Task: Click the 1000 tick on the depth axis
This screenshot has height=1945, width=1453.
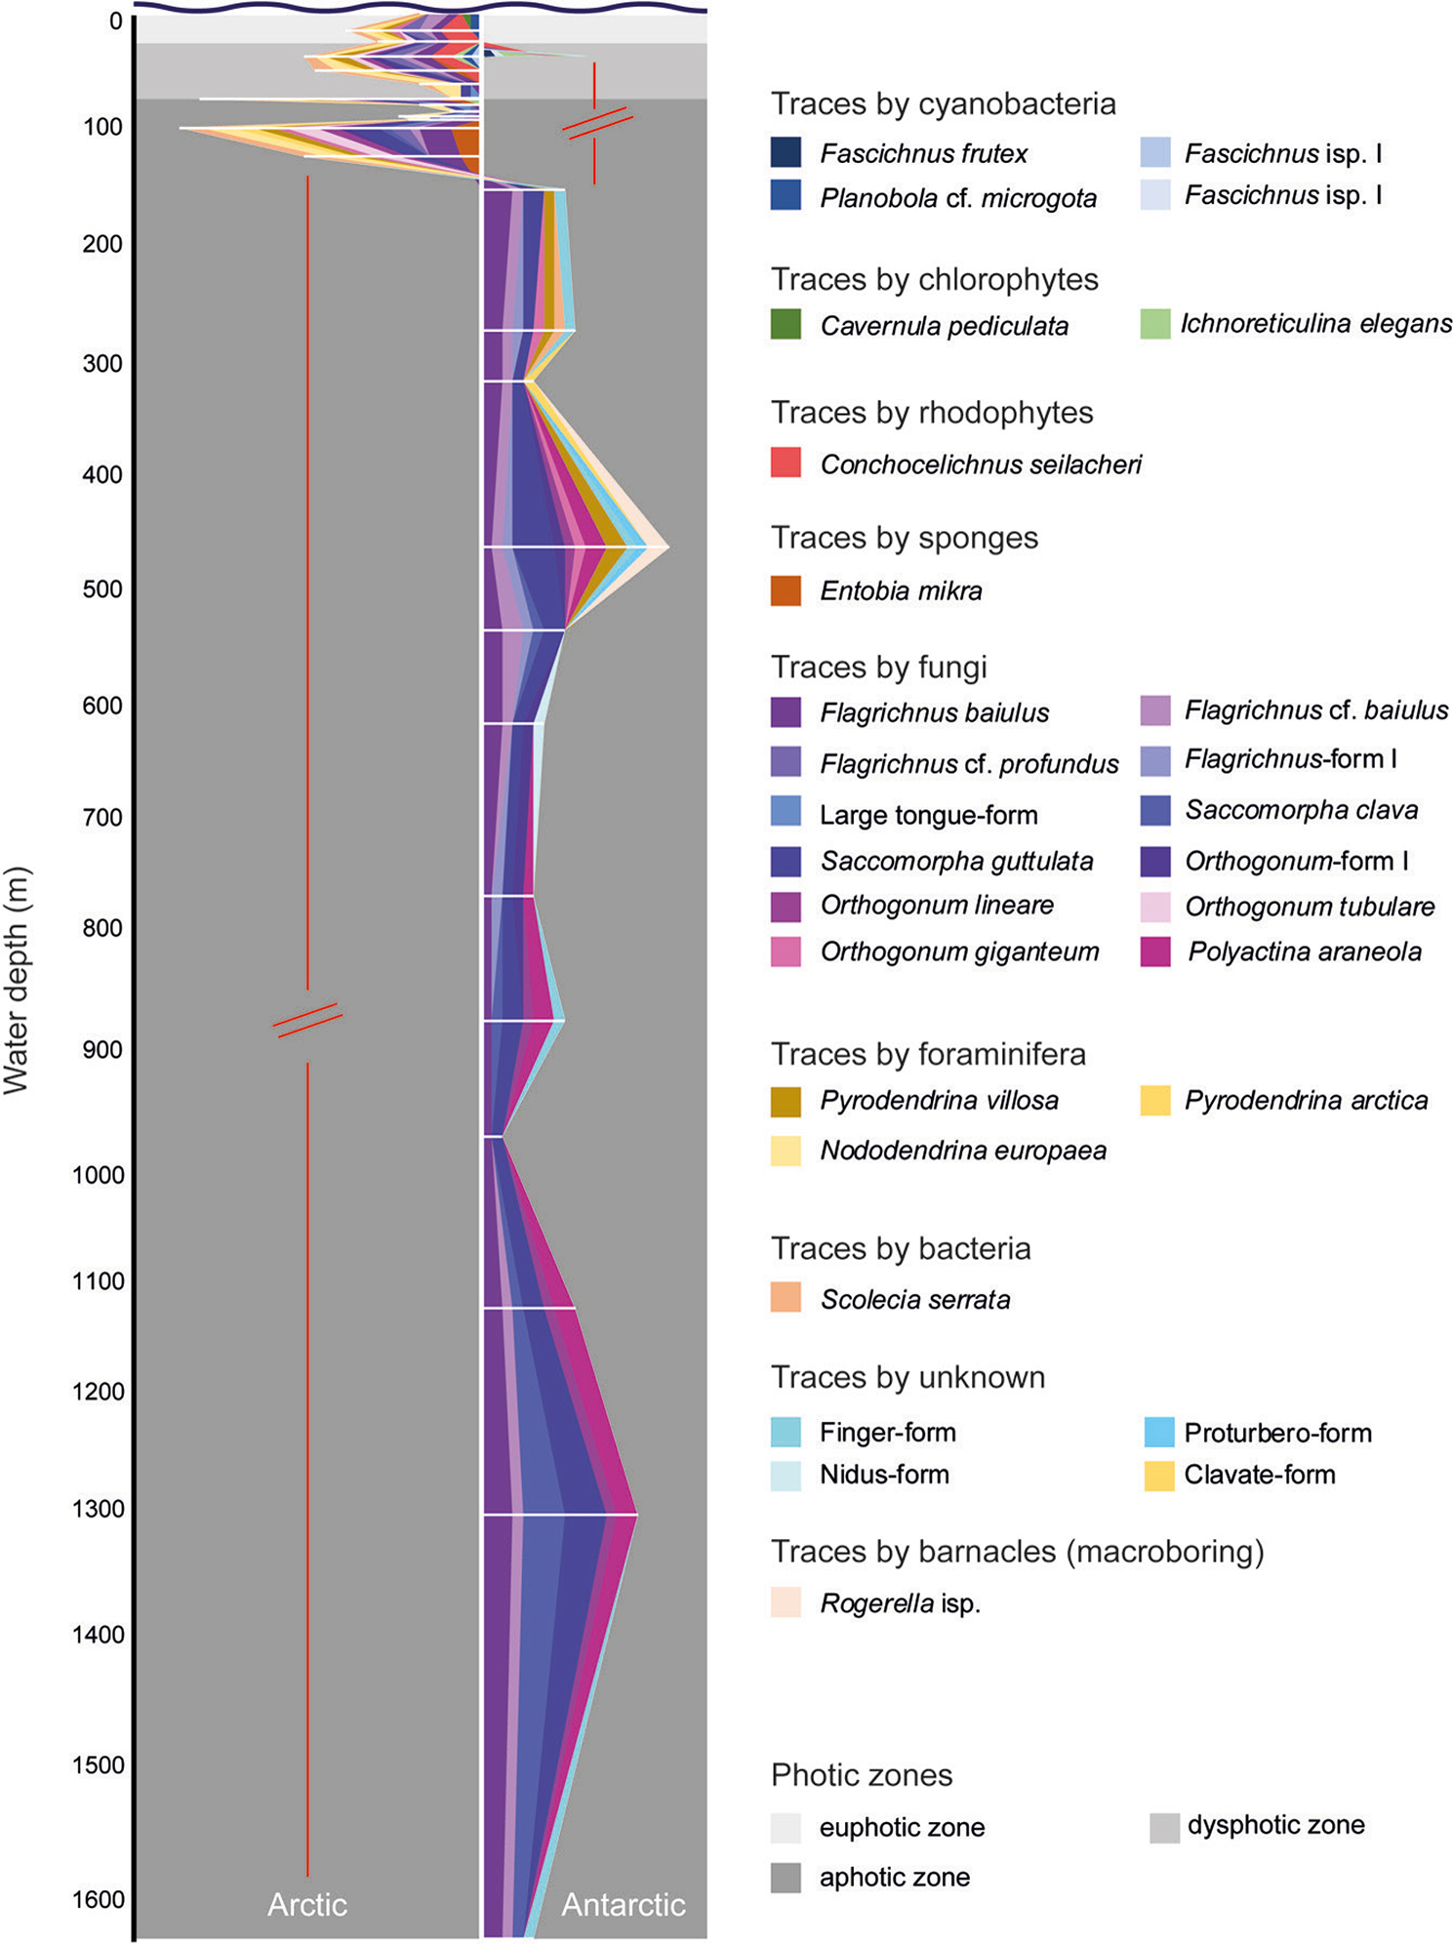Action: tap(99, 1175)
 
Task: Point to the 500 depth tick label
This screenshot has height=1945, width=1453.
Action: tap(102, 589)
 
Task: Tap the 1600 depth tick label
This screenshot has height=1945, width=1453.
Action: tap(99, 1899)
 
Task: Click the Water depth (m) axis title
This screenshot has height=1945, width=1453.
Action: tap(18, 980)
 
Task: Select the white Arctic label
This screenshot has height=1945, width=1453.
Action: tap(307, 1904)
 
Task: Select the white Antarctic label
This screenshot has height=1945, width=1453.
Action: tap(623, 1904)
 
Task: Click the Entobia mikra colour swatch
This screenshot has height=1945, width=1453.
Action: tap(786, 590)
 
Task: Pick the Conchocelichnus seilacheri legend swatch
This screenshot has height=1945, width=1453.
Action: tap(786, 463)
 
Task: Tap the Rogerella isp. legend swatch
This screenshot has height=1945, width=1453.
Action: tap(786, 1602)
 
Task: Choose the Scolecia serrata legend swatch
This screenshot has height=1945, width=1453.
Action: tap(786, 1297)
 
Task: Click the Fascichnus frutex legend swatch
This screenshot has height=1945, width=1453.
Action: tap(786, 152)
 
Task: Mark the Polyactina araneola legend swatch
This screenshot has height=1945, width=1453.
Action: tap(1155, 952)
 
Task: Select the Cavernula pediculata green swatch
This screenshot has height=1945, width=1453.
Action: tap(786, 324)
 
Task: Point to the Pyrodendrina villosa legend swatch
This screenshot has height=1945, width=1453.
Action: tap(786, 1101)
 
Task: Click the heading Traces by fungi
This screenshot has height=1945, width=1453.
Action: tap(878, 667)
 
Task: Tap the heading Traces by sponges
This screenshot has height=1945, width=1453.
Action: tap(904, 538)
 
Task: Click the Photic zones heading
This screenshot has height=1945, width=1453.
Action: tap(861, 1774)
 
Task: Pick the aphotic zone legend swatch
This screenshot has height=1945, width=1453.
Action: tap(786, 1877)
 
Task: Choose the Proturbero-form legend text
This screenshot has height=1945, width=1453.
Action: tap(1277, 1433)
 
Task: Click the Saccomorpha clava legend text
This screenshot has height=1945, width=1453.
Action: tap(1301, 810)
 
